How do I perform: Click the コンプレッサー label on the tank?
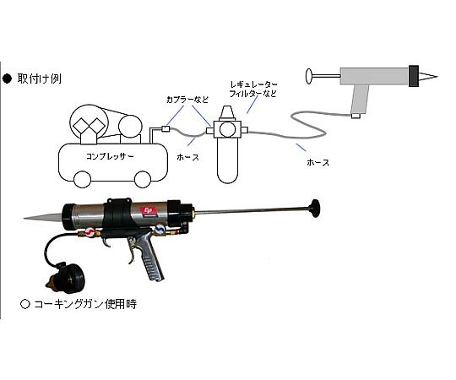tap(110, 156)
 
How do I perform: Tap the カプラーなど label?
tap(187, 100)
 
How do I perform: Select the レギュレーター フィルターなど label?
tap(253, 90)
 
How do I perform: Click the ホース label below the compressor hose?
tap(187, 157)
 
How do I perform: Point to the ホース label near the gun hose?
tap(318, 162)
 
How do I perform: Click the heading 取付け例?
tap(40, 79)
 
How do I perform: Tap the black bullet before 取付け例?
tap(7, 79)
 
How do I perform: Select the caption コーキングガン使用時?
tap(85, 304)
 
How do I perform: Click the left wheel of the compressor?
tap(82, 179)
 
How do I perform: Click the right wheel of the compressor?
tap(143, 179)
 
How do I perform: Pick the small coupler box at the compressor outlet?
tap(166, 128)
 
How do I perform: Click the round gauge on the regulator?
tap(227, 129)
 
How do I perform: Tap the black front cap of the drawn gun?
tap(414, 76)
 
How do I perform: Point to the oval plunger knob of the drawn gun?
tap(309, 76)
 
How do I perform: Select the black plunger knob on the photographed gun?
tap(316, 209)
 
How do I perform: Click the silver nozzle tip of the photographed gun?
tap(43, 216)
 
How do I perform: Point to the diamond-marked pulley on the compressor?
tap(89, 123)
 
